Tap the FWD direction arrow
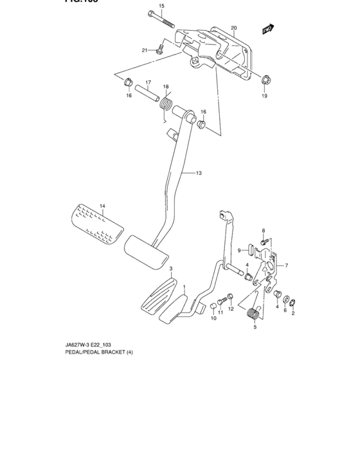267,28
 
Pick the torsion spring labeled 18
166,102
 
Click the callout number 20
234,28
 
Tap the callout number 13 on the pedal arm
199,173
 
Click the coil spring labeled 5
252,314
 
